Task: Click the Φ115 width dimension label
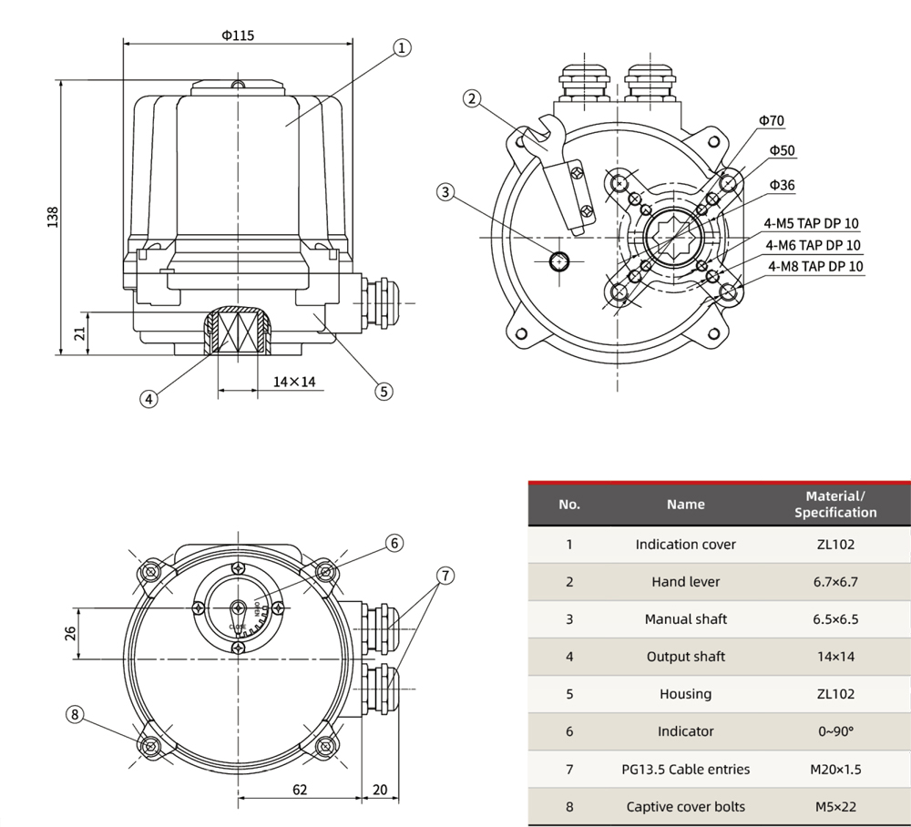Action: [238, 36]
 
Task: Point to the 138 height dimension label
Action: [53, 217]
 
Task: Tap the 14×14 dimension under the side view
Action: [294, 382]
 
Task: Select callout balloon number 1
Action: [403, 47]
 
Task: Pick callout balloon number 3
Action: [445, 192]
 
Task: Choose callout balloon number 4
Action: [148, 397]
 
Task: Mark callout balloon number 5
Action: [384, 391]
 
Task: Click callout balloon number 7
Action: [445, 576]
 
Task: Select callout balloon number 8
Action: [75, 714]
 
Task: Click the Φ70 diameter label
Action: [770, 121]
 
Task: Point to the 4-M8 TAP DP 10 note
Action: [815, 267]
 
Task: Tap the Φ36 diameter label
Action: [782, 185]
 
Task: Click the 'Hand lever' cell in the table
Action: [685, 581]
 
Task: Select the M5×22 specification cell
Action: [835, 806]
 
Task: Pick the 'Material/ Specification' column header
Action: [835, 504]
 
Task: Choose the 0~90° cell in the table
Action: [835, 731]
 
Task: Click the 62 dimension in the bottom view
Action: [300, 789]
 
